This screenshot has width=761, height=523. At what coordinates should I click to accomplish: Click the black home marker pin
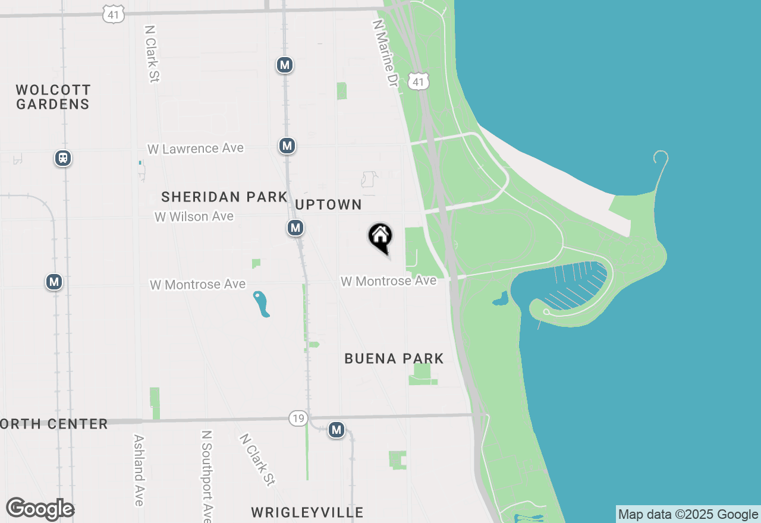click(380, 237)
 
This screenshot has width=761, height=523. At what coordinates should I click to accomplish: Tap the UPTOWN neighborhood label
click(329, 204)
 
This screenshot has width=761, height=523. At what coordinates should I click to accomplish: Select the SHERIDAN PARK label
click(224, 197)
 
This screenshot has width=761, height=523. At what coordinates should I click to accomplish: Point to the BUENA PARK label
click(394, 358)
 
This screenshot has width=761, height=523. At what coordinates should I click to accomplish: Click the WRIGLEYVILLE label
click(307, 512)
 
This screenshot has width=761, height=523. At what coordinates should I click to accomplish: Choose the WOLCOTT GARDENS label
click(53, 97)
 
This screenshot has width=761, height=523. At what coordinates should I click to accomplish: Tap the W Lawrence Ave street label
click(196, 148)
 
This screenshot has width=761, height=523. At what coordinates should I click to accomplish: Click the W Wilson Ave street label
click(194, 217)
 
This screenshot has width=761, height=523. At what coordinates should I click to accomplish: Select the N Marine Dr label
click(384, 53)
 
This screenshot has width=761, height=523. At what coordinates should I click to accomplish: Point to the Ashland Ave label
click(139, 470)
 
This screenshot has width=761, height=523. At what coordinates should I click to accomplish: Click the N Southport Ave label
click(206, 475)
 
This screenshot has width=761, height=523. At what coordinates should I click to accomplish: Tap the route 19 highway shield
click(298, 418)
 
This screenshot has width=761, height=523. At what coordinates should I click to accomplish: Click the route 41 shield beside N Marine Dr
click(419, 81)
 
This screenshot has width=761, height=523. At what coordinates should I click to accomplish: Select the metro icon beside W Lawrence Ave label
click(287, 145)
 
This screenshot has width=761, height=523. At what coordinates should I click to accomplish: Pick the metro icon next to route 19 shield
click(337, 429)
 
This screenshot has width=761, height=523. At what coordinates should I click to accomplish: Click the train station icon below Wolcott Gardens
click(63, 158)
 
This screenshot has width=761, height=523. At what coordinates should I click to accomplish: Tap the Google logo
click(40, 509)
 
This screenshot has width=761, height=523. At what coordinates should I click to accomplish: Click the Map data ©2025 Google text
click(688, 515)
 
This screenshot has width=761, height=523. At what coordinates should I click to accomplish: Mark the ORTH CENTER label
click(54, 424)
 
